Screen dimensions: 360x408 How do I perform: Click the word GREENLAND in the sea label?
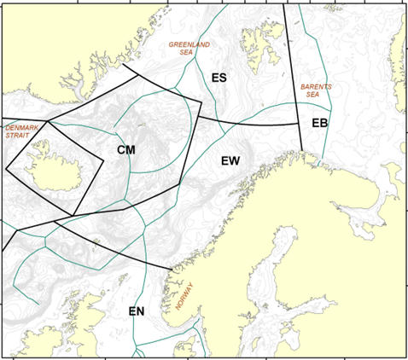point(189,44)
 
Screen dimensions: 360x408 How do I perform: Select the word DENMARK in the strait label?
point(22,127)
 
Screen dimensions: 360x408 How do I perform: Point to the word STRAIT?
point(19,135)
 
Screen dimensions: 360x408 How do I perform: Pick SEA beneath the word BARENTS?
point(312,96)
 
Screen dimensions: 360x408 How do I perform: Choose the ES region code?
point(219,78)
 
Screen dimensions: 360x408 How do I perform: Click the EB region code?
point(320,124)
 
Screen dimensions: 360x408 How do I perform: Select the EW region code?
point(231,160)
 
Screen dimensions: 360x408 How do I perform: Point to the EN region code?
point(138,311)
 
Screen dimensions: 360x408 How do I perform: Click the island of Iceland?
point(56,166)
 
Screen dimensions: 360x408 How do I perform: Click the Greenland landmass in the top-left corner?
point(51,51)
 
